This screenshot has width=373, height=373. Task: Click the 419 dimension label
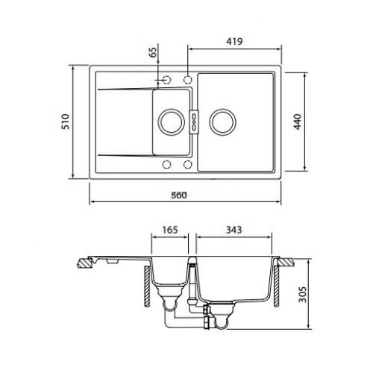tap(234, 41)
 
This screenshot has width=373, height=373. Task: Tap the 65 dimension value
tap(154, 52)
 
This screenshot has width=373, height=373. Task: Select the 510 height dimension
tap(66, 122)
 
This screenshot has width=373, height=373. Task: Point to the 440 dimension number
tap(298, 122)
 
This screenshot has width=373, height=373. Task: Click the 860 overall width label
tap(179, 195)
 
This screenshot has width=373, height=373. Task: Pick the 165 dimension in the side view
tap(170, 230)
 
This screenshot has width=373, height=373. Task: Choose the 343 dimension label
tap(233, 230)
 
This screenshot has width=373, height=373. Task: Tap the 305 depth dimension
tap(302, 295)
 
